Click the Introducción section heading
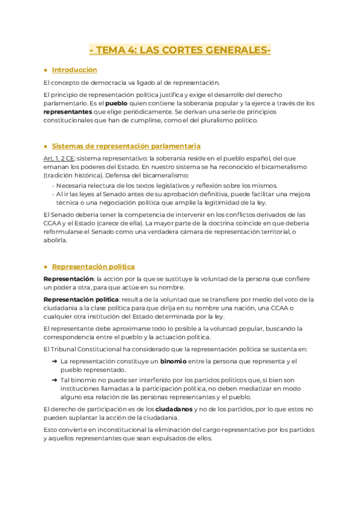[x=75, y=70]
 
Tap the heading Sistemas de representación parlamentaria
[x=126, y=146]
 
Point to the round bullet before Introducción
[x=46, y=70]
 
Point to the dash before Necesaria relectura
[x=53, y=186]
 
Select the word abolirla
[x=56, y=240]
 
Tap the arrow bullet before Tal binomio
[x=54, y=380]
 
